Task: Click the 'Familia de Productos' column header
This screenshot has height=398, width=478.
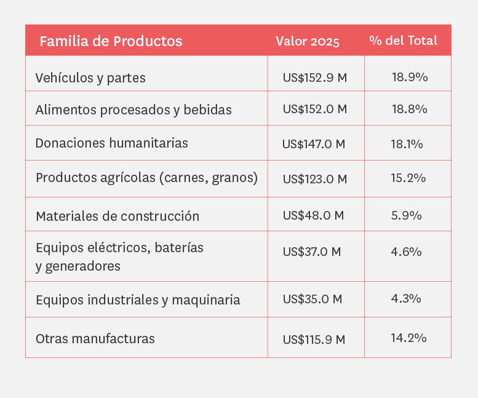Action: pyautogui.click(x=111, y=41)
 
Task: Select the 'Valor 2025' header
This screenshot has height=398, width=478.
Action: pyautogui.click(x=307, y=41)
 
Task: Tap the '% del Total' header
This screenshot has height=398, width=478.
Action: pyautogui.click(x=403, y=41)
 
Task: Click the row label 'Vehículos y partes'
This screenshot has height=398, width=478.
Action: pyautogui.click(x=90, y=78)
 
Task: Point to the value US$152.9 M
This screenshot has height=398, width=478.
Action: pyautogui.click(x=314, y=78)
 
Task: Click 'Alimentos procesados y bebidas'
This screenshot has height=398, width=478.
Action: pyautogui.click(x=133, y=109)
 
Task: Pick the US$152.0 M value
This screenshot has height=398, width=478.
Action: pyautogui.click(x=314, y=109)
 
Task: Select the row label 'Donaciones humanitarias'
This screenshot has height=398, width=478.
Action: pyautogui.click(x=111, y=143)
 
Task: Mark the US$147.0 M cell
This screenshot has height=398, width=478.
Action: pyautogui.click(x=313, y=144)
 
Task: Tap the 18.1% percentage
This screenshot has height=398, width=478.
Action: pyautogui.click(x=407, y=144)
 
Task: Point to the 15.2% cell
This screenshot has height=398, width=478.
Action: pyautogui.click(x=408, y=178)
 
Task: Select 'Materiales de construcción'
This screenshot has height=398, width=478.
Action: pyautogui.click(x=118, y=216)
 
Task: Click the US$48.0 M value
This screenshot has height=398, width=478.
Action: pyautogui.click(x=313, y=215)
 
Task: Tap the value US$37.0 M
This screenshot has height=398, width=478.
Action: pyautogui.click(x=311, y=252)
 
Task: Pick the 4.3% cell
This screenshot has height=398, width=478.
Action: pyautogui.click(x=405, y=298)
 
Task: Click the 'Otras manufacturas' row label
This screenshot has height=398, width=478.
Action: pyautogui.click(x=95, y=338)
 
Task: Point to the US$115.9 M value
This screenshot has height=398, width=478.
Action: pyautogui.click(x=314, y=339)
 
